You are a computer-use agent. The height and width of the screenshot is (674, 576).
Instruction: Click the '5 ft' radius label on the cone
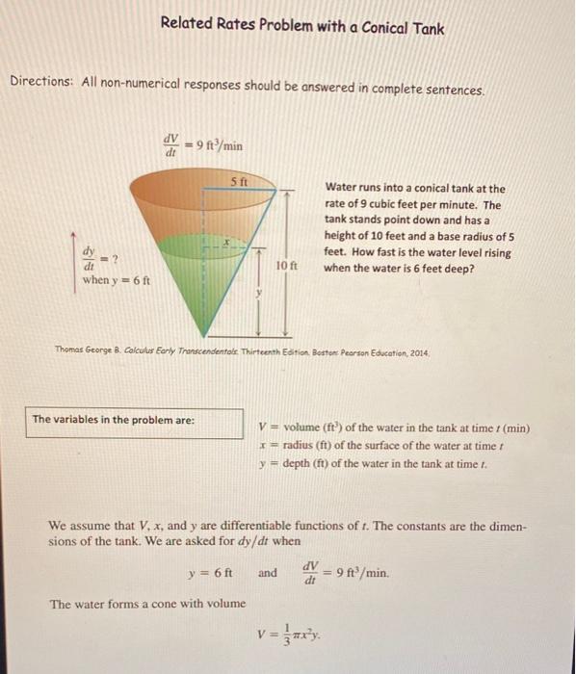pyautogui.click(x=239, y=180)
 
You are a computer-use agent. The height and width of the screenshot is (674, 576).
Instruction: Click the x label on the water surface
pyautogui.click(x=227, y=244)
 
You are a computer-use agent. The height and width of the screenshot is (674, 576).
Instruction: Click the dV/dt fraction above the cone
pyautogui.click(x=172, y=145)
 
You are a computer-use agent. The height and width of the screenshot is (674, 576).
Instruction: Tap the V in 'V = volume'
pyautogui.click(x=263, y=428)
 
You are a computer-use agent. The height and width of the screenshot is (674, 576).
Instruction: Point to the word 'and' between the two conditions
pyautogui.click(x=267, y=574)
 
